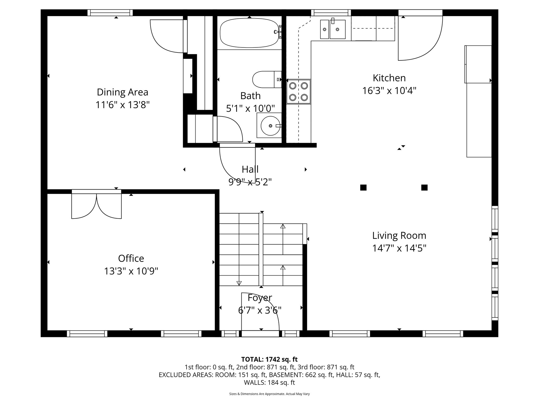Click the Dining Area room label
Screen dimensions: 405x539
(x=122, y=92)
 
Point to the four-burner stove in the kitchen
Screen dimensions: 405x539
(x=298, y=91)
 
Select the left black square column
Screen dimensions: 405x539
(x=363, y=187)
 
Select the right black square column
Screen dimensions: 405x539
(x=424, y=187)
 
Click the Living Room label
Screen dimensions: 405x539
(x=399, y=235)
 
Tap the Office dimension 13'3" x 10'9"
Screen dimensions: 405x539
(x=131, y=271)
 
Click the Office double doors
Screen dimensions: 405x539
(x=97, y=206)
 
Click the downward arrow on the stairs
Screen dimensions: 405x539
(x=239, y=283)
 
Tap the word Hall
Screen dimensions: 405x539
(x=250, y=169)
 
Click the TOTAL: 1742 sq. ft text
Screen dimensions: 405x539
(x=269, y=359)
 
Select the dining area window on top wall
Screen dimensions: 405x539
(x=110, y=12)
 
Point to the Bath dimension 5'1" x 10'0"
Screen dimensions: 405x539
(x=250, y=108)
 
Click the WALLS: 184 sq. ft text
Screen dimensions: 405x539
(x=269, y=383)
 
